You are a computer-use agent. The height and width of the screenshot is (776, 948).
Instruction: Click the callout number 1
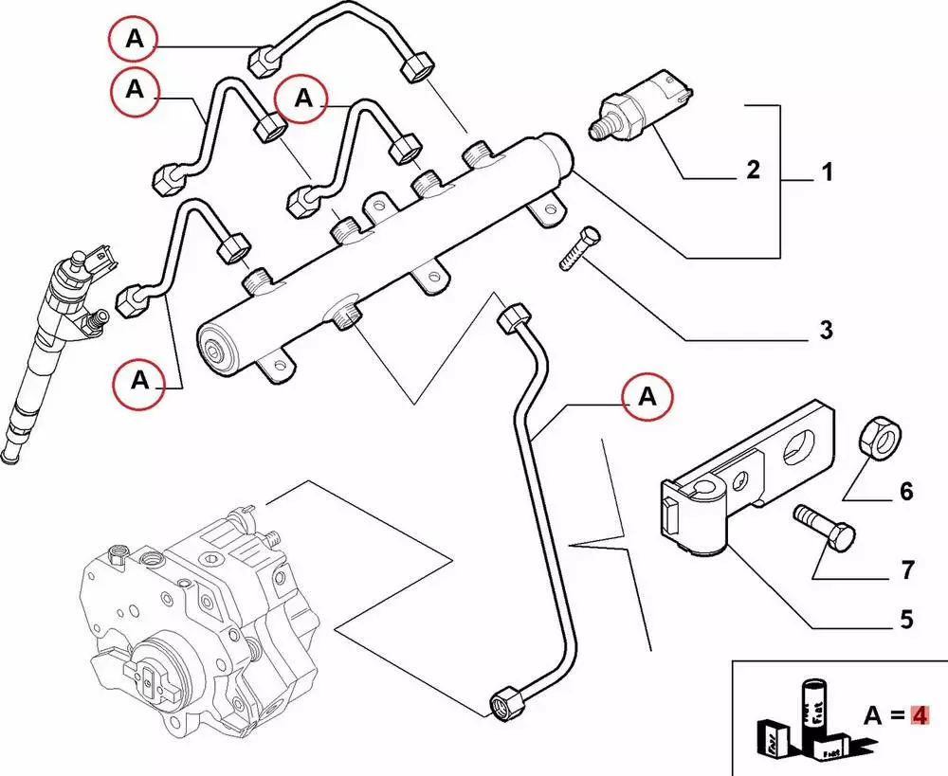(x=826, y=174)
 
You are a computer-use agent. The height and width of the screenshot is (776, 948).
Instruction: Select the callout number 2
(x=752, y=171)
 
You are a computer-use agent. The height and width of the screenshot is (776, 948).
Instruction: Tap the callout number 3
(x=826, y=331)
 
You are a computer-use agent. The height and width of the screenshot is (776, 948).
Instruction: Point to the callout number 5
(x=905, y=621)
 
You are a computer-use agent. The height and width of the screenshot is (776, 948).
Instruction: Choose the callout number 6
(x=905, y=492)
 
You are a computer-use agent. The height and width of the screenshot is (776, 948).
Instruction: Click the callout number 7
(x=906, y=570)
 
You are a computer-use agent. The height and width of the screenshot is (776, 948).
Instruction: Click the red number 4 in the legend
(x=917, y=715)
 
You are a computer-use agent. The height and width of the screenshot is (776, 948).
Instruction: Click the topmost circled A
(x=133, y=40)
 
